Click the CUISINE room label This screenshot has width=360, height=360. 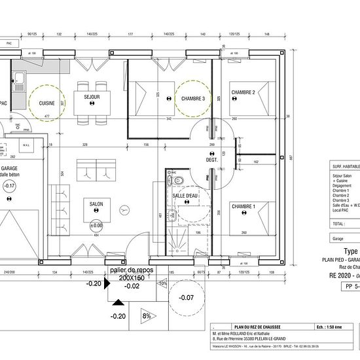click(46, 103)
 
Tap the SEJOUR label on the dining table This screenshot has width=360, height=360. click(92, 96)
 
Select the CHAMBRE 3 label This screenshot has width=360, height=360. click(193, 98)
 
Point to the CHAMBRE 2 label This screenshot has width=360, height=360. click(244, 93)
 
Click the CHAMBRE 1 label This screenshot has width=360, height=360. click(243, 207)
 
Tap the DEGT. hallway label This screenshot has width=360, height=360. click(211, 160)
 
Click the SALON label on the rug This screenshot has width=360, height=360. click(96, 205)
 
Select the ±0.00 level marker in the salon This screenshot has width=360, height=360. click(96, 226)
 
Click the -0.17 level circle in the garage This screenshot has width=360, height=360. click(9, 186)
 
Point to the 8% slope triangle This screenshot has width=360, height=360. click(147, 316)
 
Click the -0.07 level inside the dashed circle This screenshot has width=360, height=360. click(187, 298)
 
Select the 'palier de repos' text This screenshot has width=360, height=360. click(132, 270)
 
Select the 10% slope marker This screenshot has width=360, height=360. click(163, 283)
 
